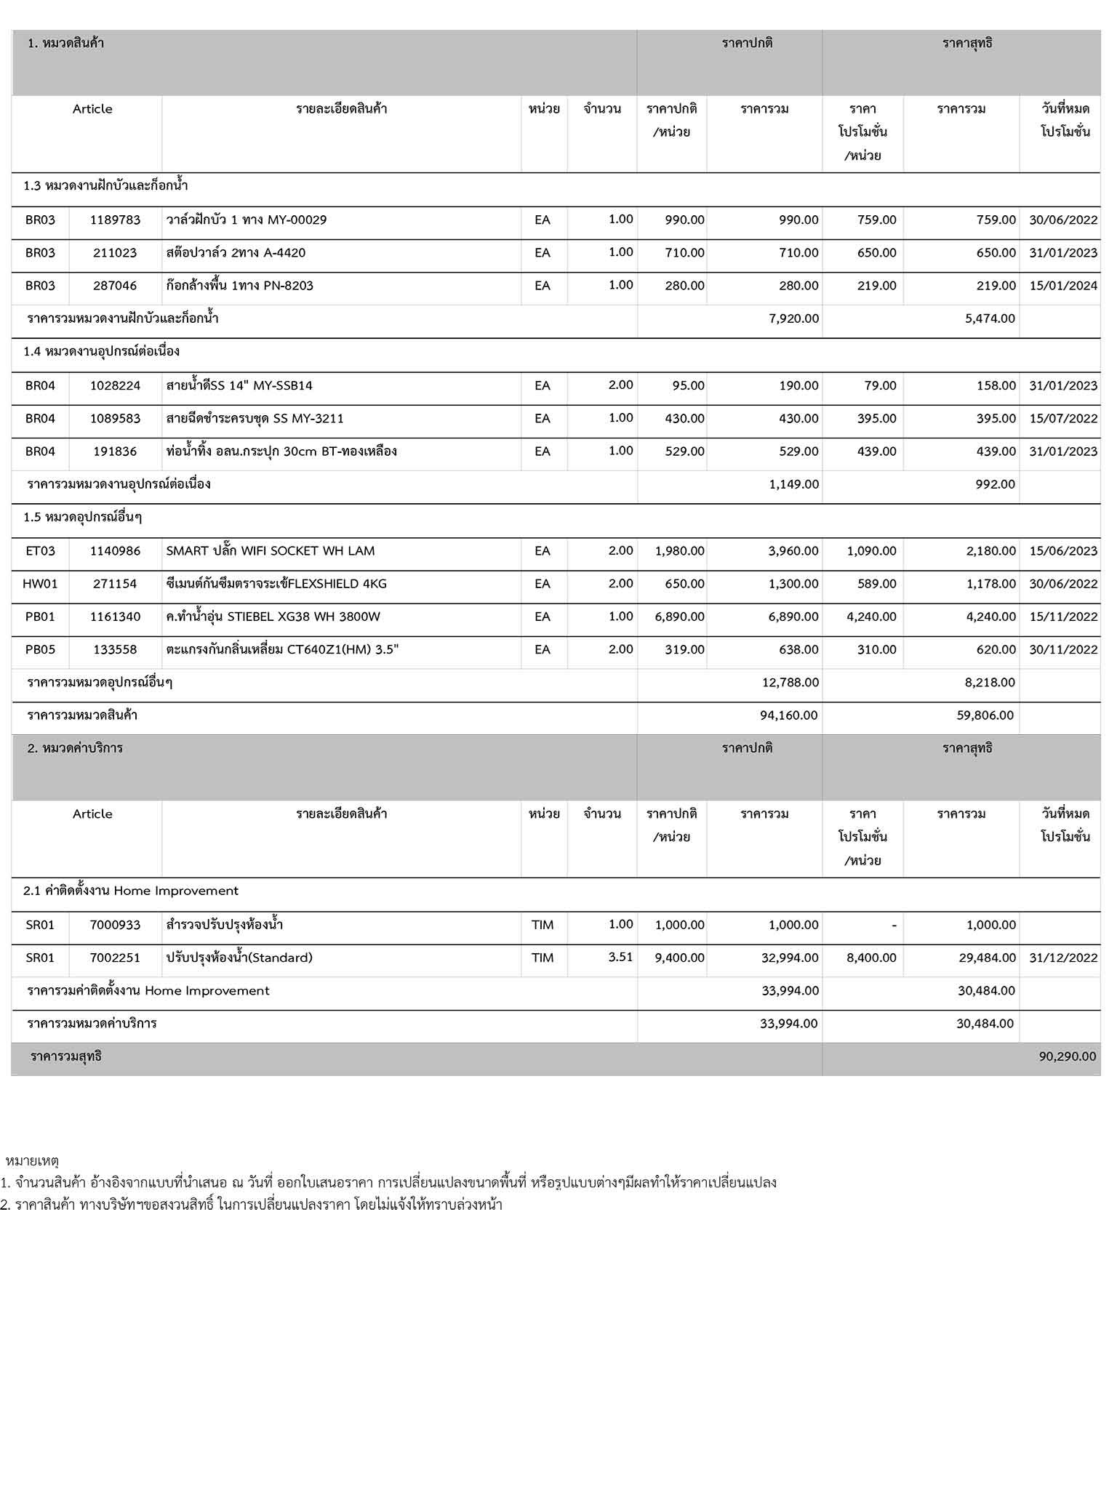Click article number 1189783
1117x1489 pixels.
[x=115, y=220]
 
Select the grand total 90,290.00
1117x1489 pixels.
[x=1067, y=1056]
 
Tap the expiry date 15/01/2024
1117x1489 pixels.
[x=1062, y=286]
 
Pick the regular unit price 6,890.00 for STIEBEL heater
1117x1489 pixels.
[x=679, y=617]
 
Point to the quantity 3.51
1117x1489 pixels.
[x=620, y=957]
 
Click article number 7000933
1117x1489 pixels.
[x=115, y=925]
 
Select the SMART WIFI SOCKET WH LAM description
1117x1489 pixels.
[x=271, y=550]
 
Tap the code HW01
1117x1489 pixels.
[x=40, y=584]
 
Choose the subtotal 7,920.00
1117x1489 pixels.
[x=793, y=318]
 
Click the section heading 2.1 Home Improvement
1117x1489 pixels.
[x=131, y=891]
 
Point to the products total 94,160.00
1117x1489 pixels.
[x=788, y=715]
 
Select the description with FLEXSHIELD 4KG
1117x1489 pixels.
[x=276, y=584]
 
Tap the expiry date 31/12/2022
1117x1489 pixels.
[x=1062, y=958]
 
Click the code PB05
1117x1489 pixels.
[x=40, y=649]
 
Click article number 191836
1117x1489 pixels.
[x=115, y=451]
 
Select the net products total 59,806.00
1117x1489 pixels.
[x=985, y=715]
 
